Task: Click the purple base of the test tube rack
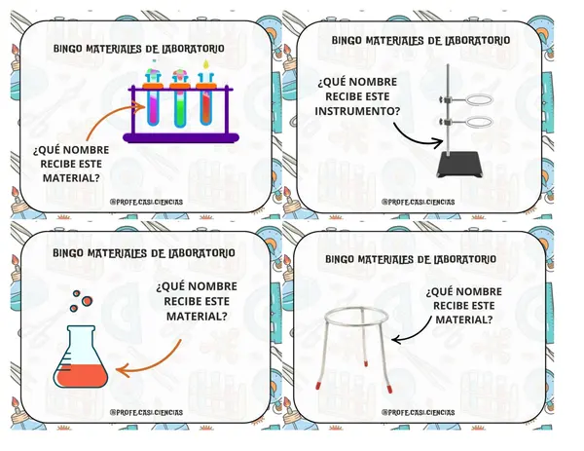pos(181,138)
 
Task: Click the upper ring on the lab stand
pos(479,99)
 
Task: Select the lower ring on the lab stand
pos(479,122)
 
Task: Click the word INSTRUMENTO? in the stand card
pos(357,111)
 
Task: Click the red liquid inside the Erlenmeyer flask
pos(81,375)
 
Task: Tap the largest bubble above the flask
pos(87,301)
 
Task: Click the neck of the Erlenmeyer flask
pos(81,337)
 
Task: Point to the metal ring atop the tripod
pos(357,317)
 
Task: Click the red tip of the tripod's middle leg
pos(366,362)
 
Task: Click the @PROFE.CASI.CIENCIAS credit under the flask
pos(146,413)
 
